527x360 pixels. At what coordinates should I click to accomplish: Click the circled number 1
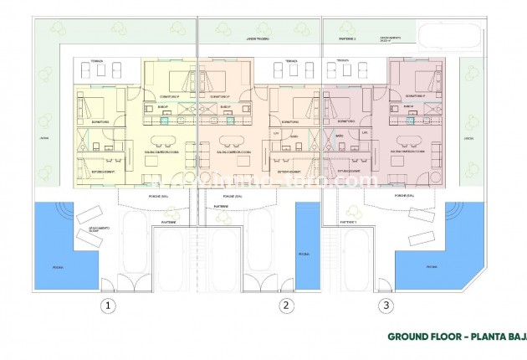pos(107,306)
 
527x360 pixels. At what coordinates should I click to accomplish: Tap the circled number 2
pos(286,306)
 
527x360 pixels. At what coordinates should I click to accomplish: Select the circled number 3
pos(386,306)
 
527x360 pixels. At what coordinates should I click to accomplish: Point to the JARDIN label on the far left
pos(43,139)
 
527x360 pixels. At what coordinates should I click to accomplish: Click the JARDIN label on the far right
pos(468,139)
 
